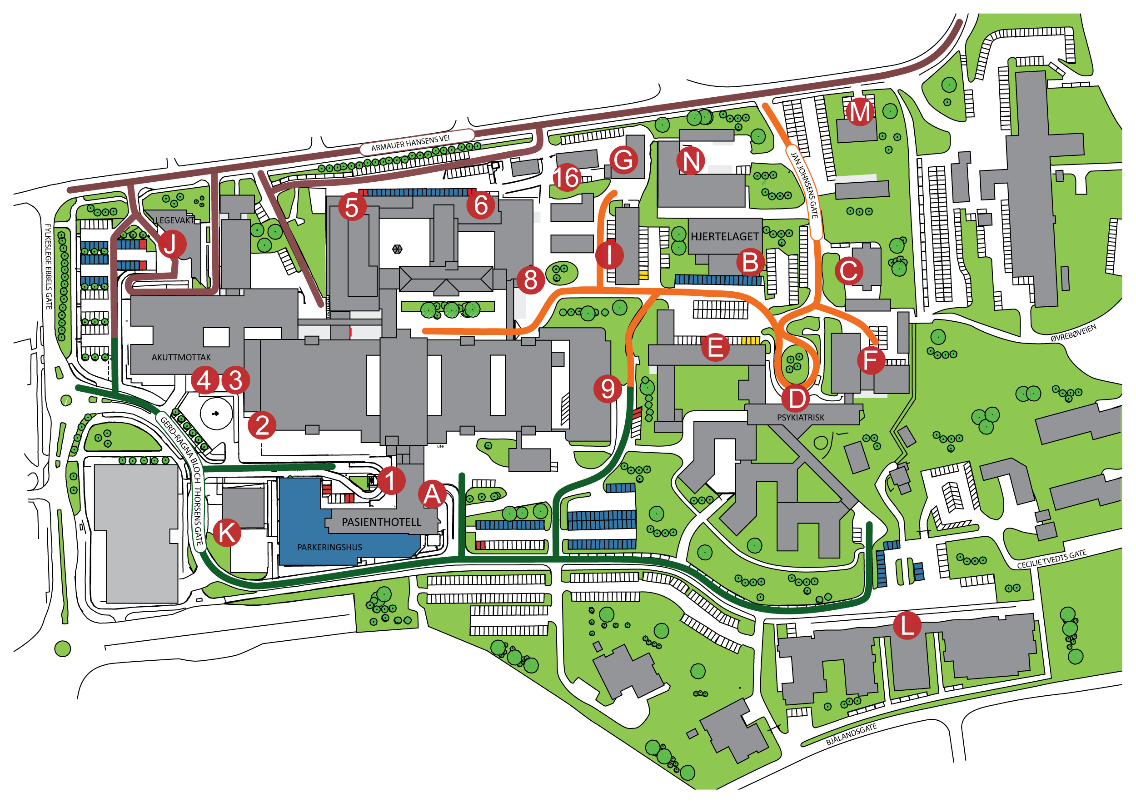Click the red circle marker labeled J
pyautogui.click(x=171, y=244)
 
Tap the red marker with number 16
pyautogui.click(x=566, y=178)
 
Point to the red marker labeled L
pyautogui.click(x=907, y=625)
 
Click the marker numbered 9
pyautogui.click(x=608, y=389)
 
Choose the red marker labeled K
pyautogui.click(x=227, y=533)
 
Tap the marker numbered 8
pyautogui.click(x=530, y=280)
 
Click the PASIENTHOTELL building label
pyautogui.click(x=382, y=522)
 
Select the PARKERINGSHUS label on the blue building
pyautogui.click(x=329, y=547)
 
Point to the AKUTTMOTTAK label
pyautogui.click(x=181, y=357)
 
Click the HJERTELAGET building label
pyautogui.click(x=724, y=236)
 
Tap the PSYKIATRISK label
pyautogui.click(x=801, y=418)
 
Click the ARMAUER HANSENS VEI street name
pyautogui.click(x=410, y=143)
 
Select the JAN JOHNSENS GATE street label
pyautogui.click(x=804, y=185)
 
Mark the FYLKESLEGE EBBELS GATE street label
pyautogui.click(x=49, y=267)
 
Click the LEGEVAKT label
pyautogui.click(x=175, y=220)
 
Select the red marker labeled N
pyautogui.click(x=691, y=161)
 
